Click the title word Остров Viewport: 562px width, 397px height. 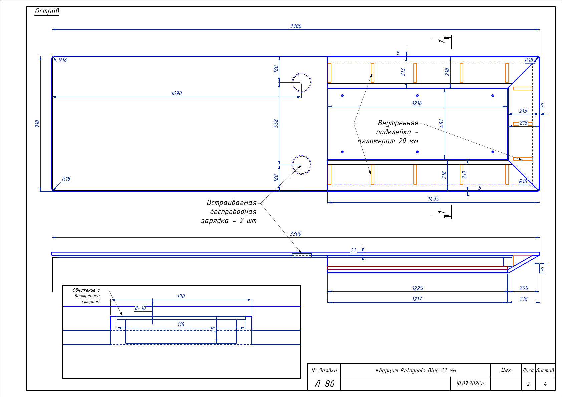47,11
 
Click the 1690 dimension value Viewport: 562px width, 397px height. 177,93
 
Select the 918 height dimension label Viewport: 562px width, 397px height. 37,124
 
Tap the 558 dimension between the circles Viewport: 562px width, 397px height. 276,123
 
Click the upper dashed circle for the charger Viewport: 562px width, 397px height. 302,73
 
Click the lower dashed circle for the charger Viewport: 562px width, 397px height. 302,156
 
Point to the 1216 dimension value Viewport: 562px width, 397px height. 417,103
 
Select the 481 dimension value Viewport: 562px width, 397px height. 441,123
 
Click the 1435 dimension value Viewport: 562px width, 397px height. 433,199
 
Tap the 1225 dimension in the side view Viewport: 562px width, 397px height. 417,288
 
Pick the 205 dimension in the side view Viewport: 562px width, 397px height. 524,288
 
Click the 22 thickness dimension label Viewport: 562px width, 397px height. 353,250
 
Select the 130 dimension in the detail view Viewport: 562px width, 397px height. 181,296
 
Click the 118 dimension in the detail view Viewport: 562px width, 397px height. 181,324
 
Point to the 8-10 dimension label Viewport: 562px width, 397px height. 140,308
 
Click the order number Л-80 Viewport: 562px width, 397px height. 324,384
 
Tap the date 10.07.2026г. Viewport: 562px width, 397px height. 470,383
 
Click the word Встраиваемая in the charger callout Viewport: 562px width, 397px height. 231,203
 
